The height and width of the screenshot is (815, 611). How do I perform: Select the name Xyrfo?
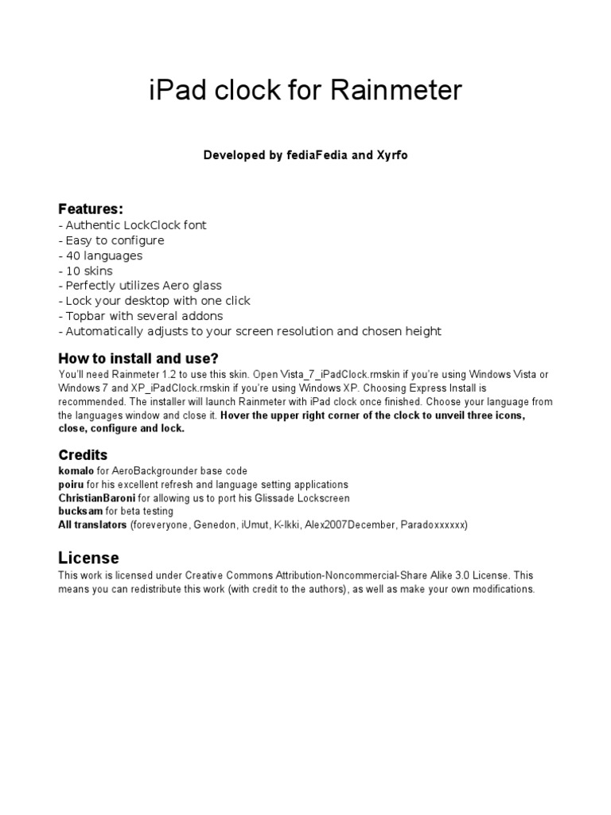(x=392, y=155)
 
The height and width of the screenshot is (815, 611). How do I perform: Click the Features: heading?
(x=91, y=209)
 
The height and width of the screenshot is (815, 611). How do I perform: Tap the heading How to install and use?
(x=138, y=358)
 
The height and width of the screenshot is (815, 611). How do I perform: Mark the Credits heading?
(x=83, y=455)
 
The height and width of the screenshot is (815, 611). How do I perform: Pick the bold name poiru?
(x=71, y=485)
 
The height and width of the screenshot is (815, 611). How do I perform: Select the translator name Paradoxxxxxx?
(x=434, y=525)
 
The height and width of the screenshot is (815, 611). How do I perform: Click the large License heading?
(x=88, y=557)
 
